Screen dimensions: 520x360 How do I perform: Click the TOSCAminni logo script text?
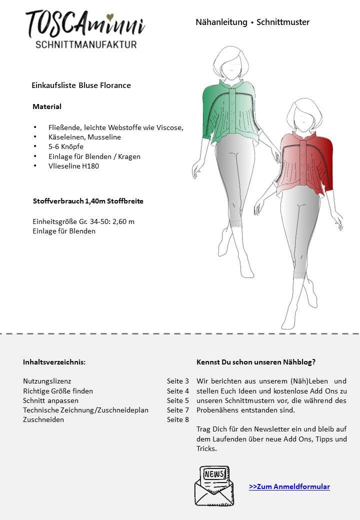85,24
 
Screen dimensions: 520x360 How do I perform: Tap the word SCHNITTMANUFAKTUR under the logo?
86,45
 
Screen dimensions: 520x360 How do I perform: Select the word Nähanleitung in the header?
221,22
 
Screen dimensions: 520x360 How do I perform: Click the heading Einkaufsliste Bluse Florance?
81,85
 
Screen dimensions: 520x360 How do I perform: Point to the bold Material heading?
47,106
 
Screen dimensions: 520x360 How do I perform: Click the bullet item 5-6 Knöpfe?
66,146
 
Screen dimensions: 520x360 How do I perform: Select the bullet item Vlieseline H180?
73,166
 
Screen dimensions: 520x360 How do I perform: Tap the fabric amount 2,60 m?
124,221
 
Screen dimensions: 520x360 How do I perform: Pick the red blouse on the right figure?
305,162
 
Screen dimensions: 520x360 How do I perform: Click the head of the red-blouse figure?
306,114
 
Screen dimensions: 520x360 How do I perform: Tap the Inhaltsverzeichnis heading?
54,362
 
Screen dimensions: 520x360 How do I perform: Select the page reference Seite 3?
178,381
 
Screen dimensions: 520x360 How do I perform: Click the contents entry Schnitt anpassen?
50,400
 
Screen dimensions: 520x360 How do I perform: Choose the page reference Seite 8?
178,419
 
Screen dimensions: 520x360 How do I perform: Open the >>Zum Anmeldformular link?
289,486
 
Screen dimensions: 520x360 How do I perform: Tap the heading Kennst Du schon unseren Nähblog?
256,362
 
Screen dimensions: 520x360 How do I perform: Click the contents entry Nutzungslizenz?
46,381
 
